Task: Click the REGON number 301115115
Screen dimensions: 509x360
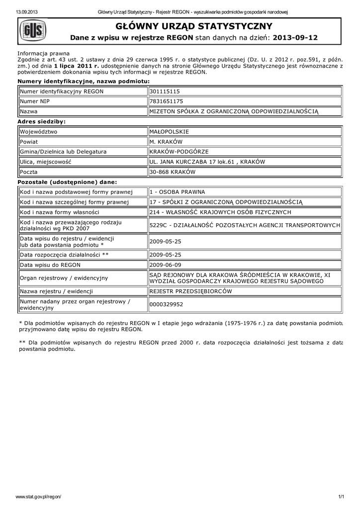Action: pos(165,91)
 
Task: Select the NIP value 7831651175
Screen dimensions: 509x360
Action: pos(167,101)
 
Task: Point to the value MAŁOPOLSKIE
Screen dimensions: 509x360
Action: pos(169,132)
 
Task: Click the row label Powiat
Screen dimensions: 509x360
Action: pos(30,142)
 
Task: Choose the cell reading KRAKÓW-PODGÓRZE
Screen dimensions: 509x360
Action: pos(179,152)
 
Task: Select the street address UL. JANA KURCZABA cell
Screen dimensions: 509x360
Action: pos(207,162)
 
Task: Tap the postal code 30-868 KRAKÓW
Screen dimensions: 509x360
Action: pos(173,172)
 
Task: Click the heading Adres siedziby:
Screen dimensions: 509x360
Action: pos(42,121)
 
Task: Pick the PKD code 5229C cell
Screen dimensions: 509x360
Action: pos(244,225)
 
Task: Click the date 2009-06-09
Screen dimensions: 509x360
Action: pos(166,265)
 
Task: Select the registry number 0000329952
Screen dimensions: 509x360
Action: pos(167,304)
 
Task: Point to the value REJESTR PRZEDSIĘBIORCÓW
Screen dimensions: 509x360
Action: pos(190,291)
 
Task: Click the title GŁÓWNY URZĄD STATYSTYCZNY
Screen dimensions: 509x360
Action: pos(194,26)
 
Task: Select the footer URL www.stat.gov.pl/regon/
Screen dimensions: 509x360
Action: pos(39,497)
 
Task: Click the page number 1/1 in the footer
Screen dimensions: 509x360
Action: pos(341,497)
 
